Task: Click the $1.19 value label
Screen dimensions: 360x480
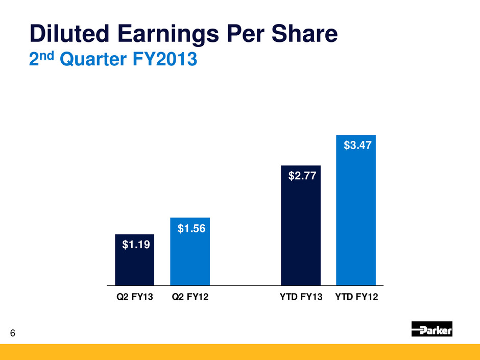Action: pos(135,246)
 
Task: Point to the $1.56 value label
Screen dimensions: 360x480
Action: pos(191,229)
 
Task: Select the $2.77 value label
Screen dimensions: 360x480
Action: pos(301,177)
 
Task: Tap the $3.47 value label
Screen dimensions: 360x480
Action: pos(356,146)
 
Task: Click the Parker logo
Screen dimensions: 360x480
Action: pos(431,330)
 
